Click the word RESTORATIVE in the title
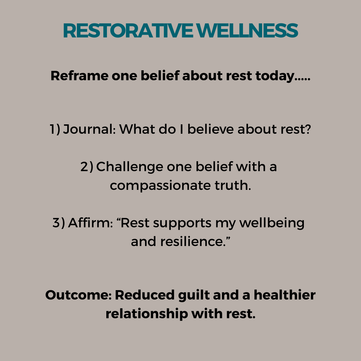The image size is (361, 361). point(128,30)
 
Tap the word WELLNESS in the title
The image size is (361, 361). point(247,30)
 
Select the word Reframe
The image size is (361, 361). point(80,76)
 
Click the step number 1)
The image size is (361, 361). point(55,129)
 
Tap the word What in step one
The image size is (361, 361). point(137,129)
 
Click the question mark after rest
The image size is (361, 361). point(308,129)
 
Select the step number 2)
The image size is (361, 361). point(87,166)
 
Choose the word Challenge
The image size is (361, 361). point(130,167)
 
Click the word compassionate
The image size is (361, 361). point(160,186)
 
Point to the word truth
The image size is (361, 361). point(233,185)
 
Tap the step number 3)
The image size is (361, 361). point(59,223)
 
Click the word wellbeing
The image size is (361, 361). point(272,223)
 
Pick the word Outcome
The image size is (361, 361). point(79,295)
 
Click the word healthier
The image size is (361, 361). point(284,295)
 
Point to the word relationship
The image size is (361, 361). point(147,314)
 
